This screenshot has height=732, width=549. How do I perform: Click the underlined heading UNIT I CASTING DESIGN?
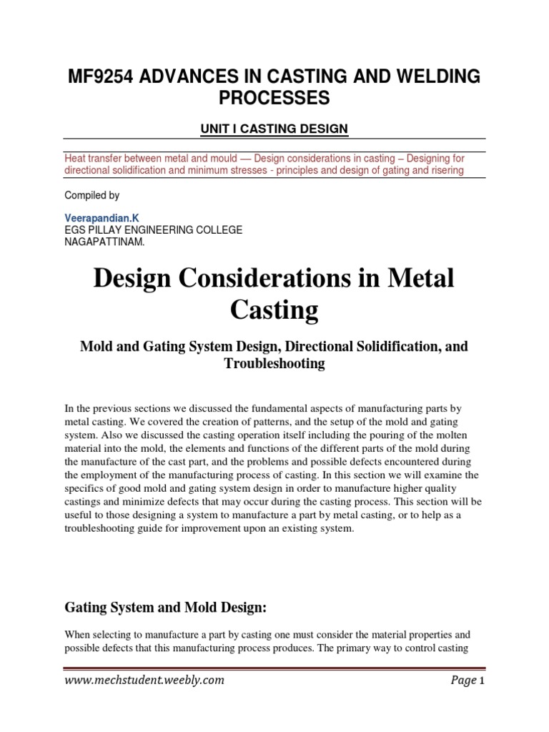(x=274, y=129)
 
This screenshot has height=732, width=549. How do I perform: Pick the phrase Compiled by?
(x=92, y=195)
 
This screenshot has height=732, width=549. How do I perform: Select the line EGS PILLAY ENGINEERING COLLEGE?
(x=154, y=229)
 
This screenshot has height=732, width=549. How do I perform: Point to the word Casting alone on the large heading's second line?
(x=274, y=310)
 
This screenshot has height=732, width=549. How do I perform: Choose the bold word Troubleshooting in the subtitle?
(x=274, y=363)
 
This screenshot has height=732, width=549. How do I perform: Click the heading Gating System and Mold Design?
(x=165, y=587)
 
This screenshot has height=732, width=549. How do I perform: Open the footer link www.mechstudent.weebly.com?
(x=144, y=681)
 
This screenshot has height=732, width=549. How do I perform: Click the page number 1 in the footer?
(x=483, y=681)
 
